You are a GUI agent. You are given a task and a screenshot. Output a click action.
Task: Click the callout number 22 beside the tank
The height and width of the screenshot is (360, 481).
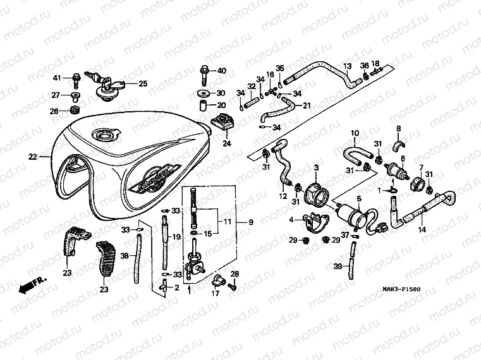coord(33,155)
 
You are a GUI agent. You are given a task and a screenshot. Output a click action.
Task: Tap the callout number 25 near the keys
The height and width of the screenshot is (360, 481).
coord(142,83)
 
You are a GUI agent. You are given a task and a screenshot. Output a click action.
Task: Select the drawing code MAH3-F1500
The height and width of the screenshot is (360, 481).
coord(401,289)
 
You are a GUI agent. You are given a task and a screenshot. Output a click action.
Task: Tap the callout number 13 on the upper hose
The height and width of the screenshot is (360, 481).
coord(346,66)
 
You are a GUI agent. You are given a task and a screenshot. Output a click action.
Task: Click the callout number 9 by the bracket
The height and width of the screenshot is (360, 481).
coord(250,222)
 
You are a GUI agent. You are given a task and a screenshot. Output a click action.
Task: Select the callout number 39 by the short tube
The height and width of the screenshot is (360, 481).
coord(338,267)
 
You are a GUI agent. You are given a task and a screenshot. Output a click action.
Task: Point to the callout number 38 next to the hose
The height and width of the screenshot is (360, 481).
coord(124,256)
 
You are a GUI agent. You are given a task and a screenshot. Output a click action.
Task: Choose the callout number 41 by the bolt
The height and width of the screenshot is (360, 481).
coord(56,78)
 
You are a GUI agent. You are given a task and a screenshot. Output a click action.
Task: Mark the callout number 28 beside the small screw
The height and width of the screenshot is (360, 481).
coord(234,273)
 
